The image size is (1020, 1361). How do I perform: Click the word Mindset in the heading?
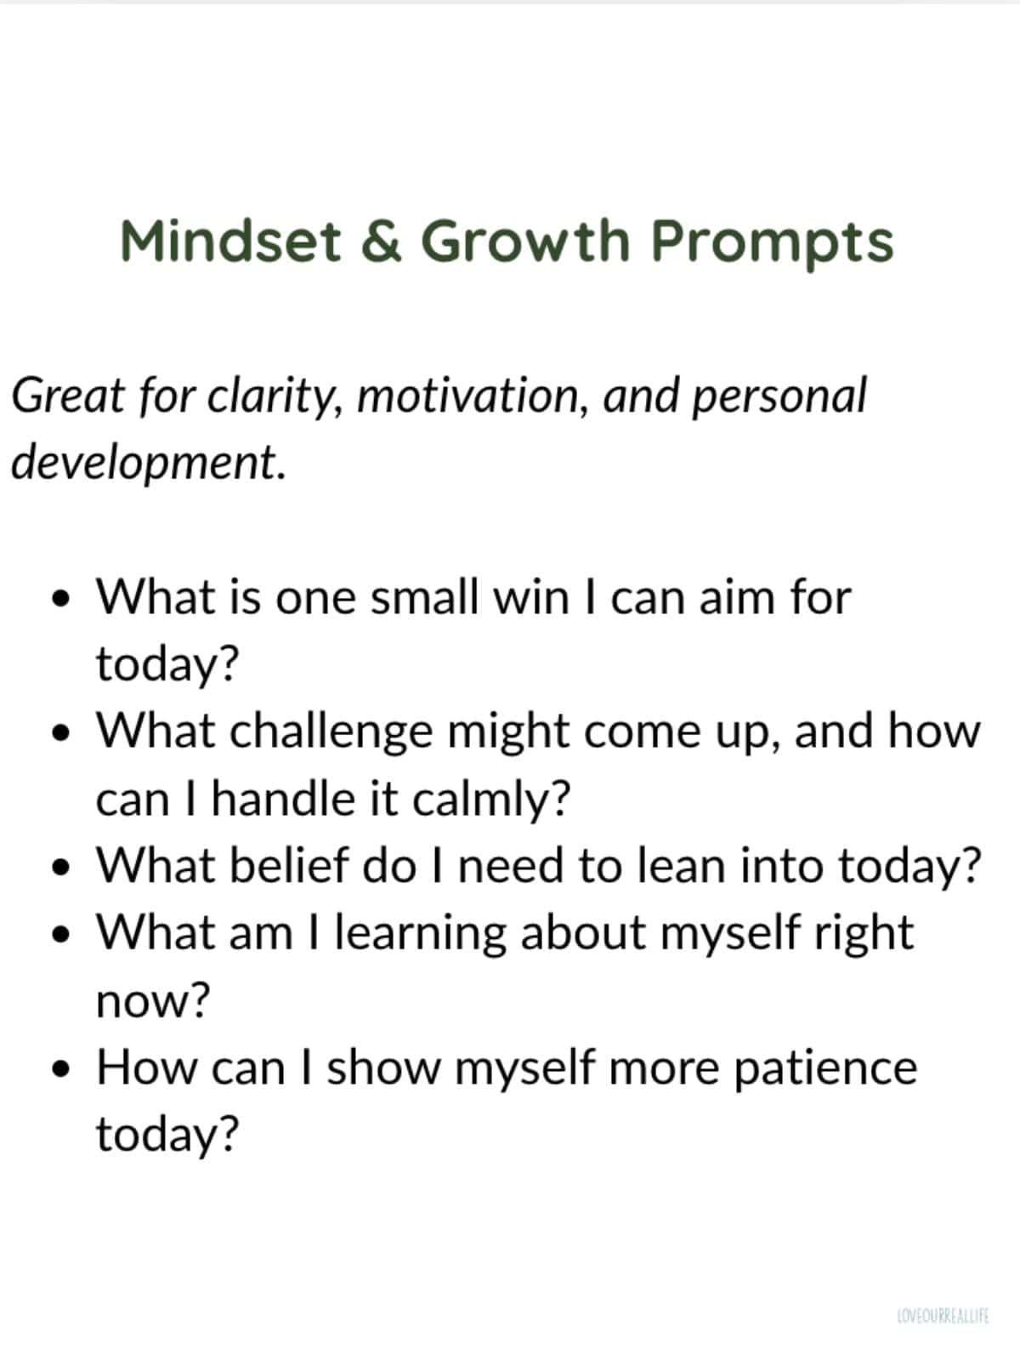click(x=230, y=241)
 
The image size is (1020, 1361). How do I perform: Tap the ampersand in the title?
click(x=381, y=241)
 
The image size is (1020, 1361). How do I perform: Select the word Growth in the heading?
click(x=524, y=241)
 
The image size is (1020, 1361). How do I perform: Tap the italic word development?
click(x=146, y=462)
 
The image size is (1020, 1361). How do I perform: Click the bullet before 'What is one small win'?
click(x=59, y=598)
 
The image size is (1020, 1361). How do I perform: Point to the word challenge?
click(x=331, y=732)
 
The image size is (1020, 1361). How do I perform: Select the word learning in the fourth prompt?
click(x=420, y=934)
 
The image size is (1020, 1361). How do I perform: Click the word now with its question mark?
click(x=152, y=1001)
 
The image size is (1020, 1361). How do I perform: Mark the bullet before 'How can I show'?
click(x=59, y=1069)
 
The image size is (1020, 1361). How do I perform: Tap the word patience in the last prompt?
click(x=825, y=1068)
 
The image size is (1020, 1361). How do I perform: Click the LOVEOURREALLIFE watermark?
click(x=943, y=1317)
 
